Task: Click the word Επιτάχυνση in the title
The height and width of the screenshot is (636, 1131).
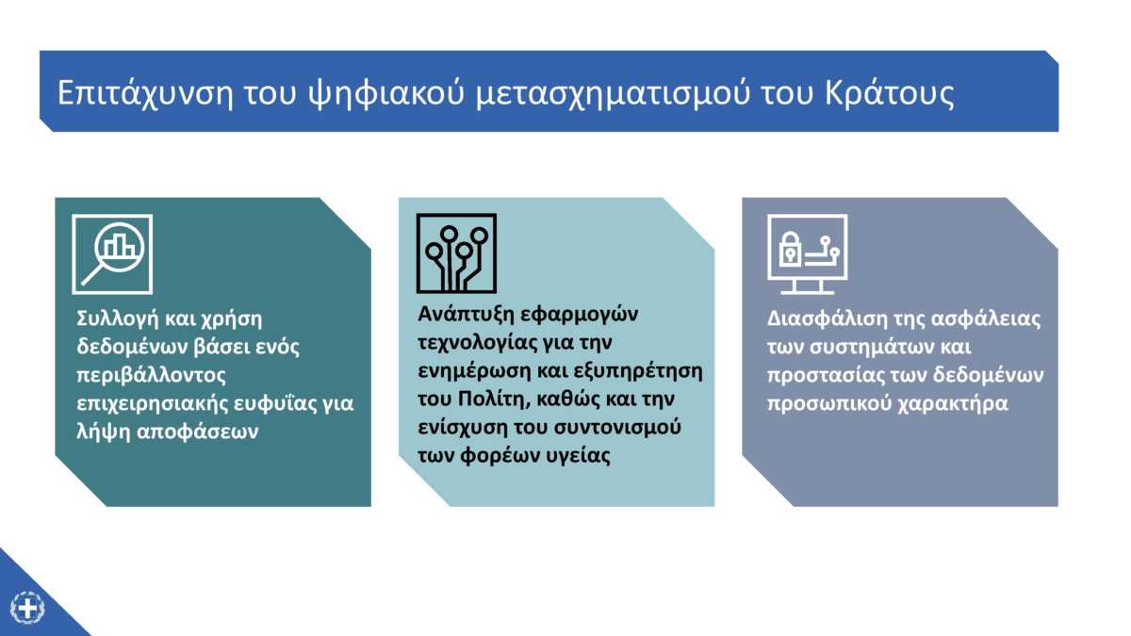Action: (144, 94)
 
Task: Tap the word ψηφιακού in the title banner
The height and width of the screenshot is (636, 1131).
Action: (386, 94)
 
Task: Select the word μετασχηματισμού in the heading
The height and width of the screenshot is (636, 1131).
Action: (613, 94)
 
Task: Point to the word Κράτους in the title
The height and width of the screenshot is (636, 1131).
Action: (889, 93)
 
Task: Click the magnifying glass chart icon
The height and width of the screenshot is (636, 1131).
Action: (112, 253)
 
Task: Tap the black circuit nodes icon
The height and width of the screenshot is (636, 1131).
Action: (456, 253)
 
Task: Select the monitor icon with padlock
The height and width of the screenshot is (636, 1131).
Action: (808, 253)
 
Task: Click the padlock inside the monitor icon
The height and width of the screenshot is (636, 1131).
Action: (789, 249)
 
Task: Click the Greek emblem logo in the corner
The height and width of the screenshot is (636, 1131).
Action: (27, 608)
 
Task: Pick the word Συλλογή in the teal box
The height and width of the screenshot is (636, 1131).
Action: (117, 319)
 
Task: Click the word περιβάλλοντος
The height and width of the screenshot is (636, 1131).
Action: (151, 376)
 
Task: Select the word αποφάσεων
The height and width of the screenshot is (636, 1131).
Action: (197, 432)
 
